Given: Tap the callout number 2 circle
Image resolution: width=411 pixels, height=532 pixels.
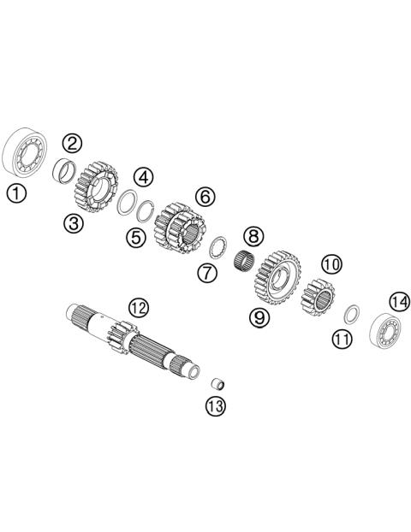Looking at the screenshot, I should [72, 143].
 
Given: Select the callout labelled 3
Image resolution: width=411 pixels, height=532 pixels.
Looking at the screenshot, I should [72, 224].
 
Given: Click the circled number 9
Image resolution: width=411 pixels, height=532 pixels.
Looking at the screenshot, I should [260, 317].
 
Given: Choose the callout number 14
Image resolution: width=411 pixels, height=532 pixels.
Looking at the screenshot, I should [399, 302].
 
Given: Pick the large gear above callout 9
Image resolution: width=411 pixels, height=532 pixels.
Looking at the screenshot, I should [276, 277].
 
